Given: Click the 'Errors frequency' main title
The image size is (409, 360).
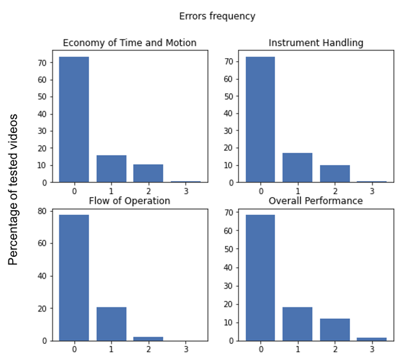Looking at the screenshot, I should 217,16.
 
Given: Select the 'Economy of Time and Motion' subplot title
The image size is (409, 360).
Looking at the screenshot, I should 129,43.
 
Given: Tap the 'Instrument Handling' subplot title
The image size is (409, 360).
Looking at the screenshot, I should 316,43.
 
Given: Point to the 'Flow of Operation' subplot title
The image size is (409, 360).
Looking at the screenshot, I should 130,201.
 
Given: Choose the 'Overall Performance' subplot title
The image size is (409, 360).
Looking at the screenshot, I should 316,201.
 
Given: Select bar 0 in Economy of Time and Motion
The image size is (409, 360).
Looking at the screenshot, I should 74,119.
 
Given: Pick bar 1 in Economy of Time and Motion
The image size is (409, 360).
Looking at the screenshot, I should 111,169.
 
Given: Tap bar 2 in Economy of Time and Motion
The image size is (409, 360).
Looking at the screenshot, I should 148,173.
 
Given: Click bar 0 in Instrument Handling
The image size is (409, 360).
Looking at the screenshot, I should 260,119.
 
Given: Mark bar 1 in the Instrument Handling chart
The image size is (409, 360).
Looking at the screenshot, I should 298,167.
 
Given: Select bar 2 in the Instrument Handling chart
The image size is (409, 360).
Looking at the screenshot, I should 335,173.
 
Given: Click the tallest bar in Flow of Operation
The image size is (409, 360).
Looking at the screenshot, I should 74,278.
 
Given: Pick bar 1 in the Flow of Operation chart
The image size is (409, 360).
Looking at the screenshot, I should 111,324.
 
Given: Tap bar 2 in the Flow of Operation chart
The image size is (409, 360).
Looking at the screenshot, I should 148,338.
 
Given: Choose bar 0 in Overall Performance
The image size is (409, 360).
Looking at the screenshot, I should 260,278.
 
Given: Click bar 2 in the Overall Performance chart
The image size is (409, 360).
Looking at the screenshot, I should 335,330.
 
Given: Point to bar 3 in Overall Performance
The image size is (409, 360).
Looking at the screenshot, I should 372,339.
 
